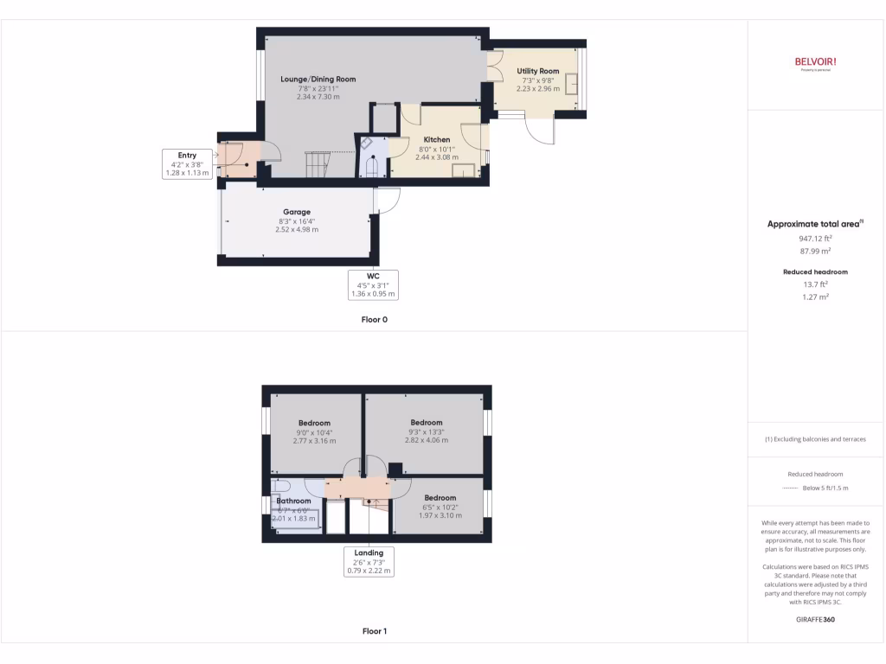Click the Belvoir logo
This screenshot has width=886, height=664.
tap(815, 62)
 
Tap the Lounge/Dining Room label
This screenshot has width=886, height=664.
tap(318, 80)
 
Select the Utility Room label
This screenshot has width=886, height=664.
tap(538, 71)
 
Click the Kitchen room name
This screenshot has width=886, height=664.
tap(436, 139)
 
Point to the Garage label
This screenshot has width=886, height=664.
tap(297, 212)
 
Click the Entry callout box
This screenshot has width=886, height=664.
tap(188, 164)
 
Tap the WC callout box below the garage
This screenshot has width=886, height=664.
tap(373, 284)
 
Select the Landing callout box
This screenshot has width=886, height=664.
tap(369, 561)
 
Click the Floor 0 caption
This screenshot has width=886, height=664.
tap(374, 320)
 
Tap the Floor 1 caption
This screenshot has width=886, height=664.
tap(374, 631)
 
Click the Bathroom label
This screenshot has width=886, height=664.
tap(293, 501)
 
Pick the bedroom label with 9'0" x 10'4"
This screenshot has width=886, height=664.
tap(315, 423)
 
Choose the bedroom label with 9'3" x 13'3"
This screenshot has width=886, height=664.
tap(427, 423)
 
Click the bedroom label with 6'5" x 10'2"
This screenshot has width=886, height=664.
tap(440, 497)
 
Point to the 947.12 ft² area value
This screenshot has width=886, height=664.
tap(815, 238)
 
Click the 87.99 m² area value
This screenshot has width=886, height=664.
tap(815, 250)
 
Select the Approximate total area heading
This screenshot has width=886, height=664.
tap(813, 224)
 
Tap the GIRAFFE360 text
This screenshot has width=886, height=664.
tap(815, 620)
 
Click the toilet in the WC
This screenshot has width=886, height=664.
tap(373, 168)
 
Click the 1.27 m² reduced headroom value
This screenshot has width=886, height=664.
tap(815, 297)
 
